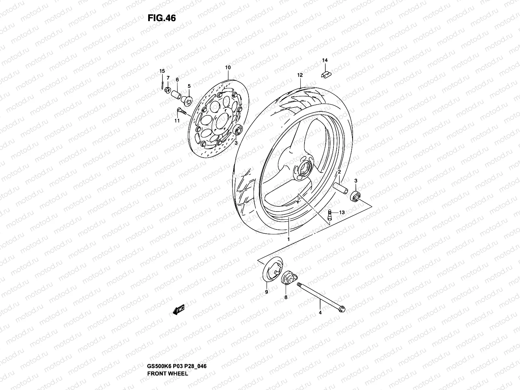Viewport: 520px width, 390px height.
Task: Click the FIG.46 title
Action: (x=162, y=18)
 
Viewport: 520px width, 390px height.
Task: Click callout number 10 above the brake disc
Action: (x=227, y=68)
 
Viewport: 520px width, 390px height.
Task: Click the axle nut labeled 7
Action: (x=167, y=89)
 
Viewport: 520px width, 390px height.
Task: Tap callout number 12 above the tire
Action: (x=300, y=75)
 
